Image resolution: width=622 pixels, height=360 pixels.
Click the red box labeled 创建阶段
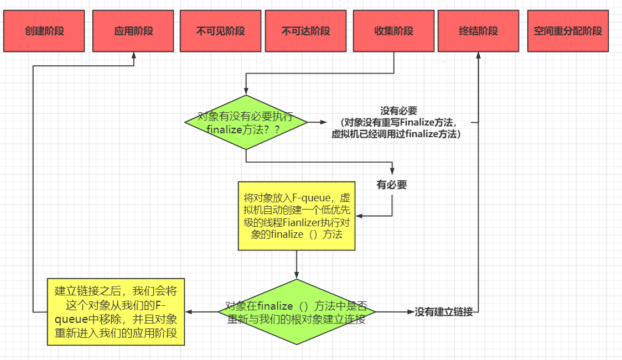(x=44, y=31)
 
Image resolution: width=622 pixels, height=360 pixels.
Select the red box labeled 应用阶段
(x=134, y=31)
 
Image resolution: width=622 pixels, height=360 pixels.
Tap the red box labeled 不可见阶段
(x=220, y=31)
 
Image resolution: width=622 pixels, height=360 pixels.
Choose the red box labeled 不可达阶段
(x=305, y=31)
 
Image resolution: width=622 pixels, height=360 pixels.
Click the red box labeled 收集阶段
(x=393, y=31)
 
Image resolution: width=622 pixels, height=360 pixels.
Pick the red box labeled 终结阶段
(x=478, y=31)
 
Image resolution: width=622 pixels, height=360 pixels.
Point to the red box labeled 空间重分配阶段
(x=568, y=31)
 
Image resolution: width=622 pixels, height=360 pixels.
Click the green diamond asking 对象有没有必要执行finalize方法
(x=246, y=122)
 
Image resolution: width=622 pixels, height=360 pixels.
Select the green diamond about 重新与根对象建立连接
(x=297, y=312)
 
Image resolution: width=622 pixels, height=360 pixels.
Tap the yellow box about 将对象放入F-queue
(x=297, y=216)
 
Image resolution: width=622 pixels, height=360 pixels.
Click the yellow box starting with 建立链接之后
(x=115, y=312)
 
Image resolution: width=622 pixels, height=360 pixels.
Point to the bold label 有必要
(x=392, y=185)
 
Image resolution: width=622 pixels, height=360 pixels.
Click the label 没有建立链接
(x=444, y=312)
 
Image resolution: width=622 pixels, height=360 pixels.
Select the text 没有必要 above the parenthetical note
(x=398, y=111)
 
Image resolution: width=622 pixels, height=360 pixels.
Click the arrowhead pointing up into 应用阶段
(x=134, y=55)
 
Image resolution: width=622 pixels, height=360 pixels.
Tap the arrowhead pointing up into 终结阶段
(x=478, y=55)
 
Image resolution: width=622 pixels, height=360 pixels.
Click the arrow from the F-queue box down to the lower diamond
(x=297, y=265)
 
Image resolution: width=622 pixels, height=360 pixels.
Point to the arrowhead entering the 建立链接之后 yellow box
(x=188, y=312)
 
